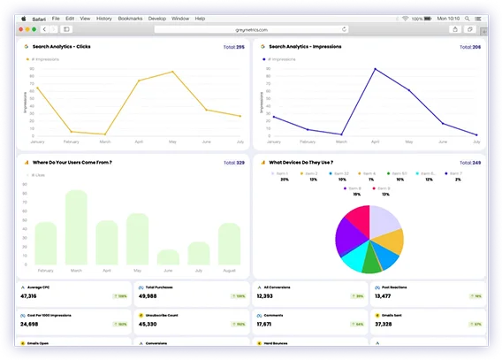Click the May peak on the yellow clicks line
(172, 73)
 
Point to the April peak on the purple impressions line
(375, 68)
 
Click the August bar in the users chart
(230, 243)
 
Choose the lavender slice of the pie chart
(384, 221)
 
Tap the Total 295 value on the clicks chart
(233, 46)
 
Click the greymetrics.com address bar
(250, 28)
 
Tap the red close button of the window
(22, 28)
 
